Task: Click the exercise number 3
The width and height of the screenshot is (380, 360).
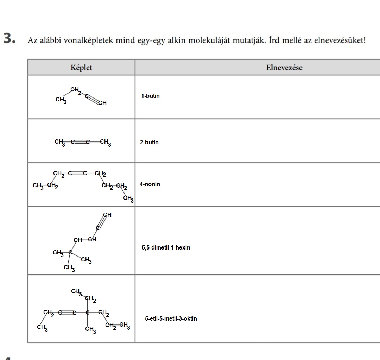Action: coord(9,39)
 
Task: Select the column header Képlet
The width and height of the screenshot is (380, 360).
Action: coord(81,68)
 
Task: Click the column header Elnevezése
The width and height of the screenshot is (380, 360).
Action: coord(284,68)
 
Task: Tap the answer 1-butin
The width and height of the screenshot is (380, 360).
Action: coord(150,96)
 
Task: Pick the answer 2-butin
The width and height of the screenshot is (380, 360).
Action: coord(149,143)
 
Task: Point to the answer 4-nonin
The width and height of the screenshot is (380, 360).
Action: coord(150,184)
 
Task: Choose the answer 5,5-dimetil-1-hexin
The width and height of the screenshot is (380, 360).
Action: coord(166,248)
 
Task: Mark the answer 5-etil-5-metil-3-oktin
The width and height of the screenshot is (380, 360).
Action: coord(171,319)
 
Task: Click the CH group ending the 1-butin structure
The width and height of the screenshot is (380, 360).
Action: coord(102,103)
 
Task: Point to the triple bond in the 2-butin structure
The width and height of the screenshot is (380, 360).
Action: coord(80,142)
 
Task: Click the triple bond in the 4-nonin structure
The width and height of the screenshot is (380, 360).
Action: coord(77,173)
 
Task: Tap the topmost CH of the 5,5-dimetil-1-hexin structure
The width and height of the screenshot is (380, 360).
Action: coord(107,215)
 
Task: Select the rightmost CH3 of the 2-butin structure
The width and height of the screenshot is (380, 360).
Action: coord(105,142)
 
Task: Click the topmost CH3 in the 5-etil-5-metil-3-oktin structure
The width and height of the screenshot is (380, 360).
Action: coord(76,291)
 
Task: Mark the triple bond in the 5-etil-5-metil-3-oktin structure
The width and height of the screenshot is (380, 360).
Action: coord(67,312)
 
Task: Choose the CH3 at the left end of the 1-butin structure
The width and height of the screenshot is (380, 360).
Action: coord(61,100)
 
